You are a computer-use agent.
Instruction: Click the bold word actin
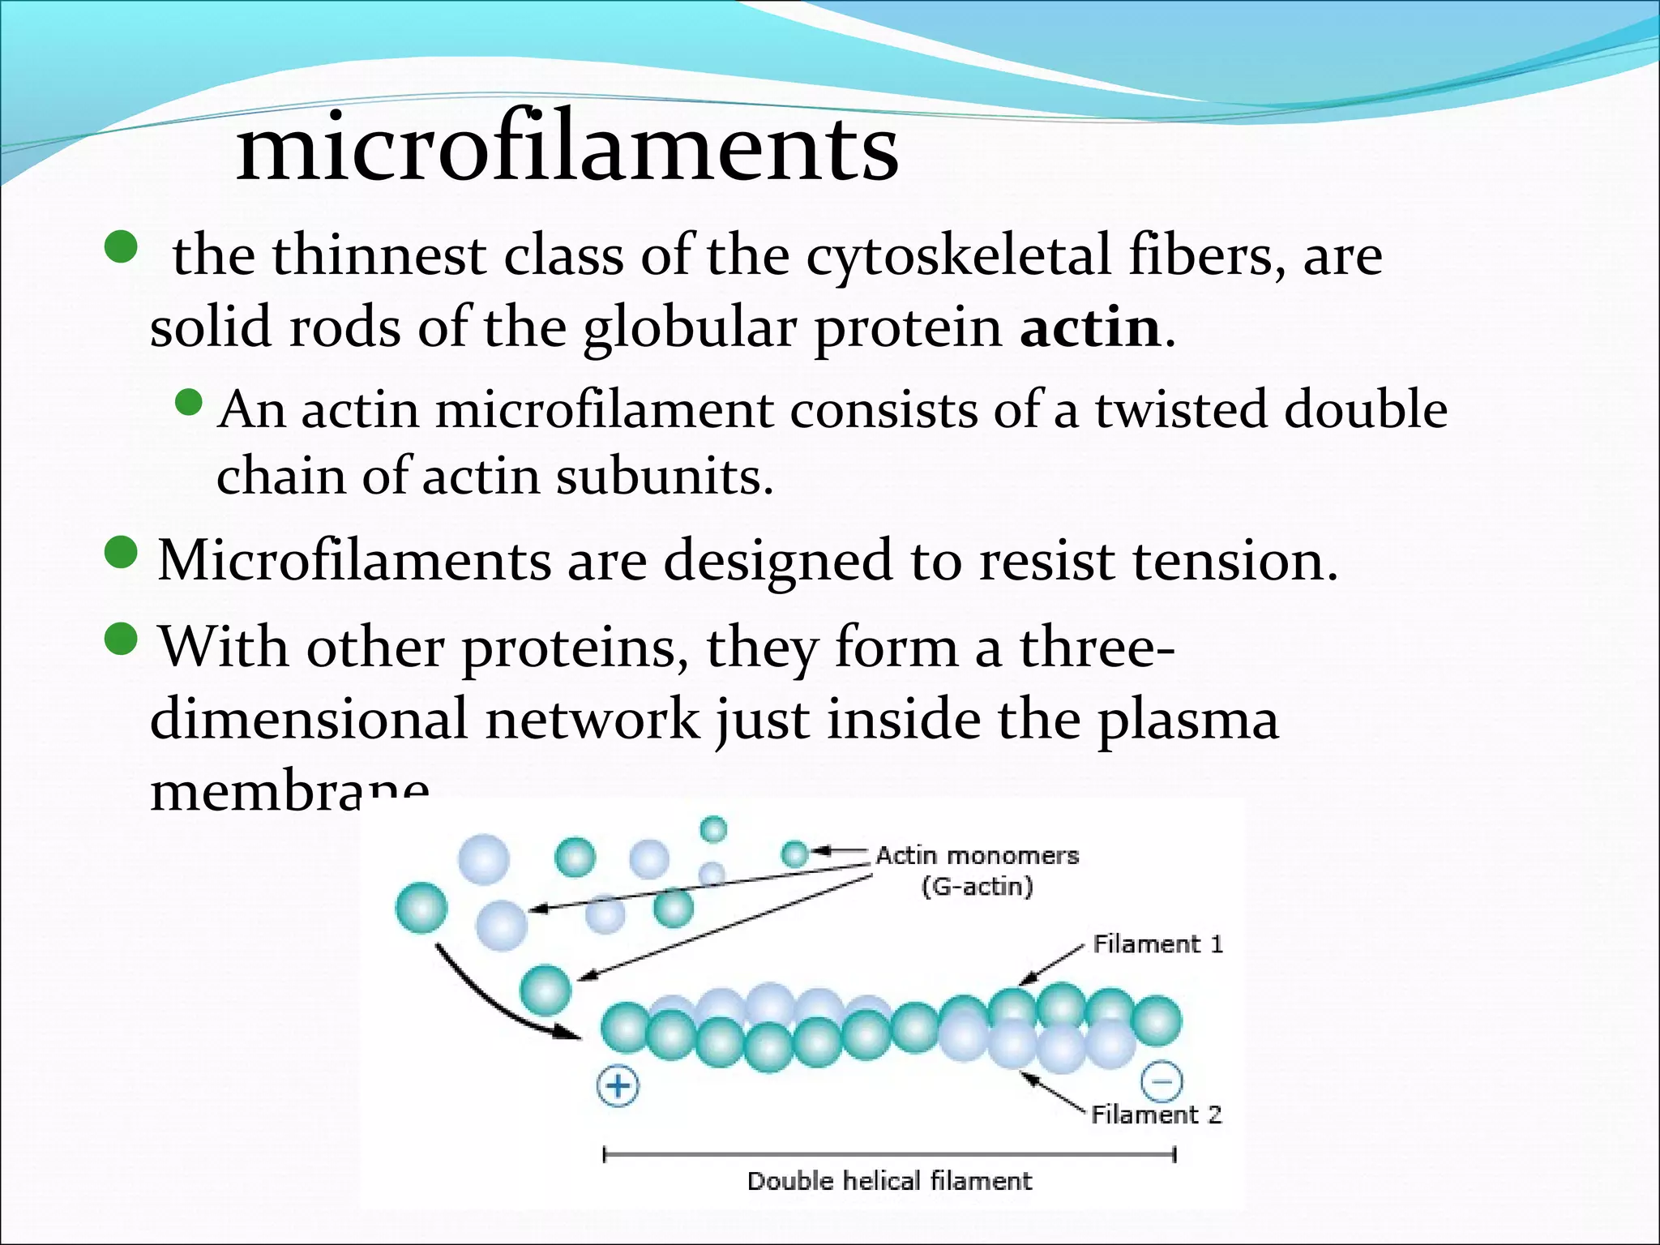click(1090, 328)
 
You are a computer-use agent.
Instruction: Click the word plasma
click(1187, 720)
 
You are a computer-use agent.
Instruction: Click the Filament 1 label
click(1157, 944)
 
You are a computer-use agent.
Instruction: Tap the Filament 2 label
click(1156, 1115)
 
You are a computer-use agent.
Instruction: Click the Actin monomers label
click(977, 856)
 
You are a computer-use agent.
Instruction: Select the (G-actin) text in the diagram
click(977, 887)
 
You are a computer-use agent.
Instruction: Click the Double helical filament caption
click(889, 1181)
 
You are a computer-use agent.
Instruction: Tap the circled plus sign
click(618, 1086)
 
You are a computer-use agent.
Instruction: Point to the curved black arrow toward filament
click(486, 1001)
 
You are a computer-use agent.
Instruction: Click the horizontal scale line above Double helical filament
click(889, 1154)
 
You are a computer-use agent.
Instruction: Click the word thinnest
click(379, 256)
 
